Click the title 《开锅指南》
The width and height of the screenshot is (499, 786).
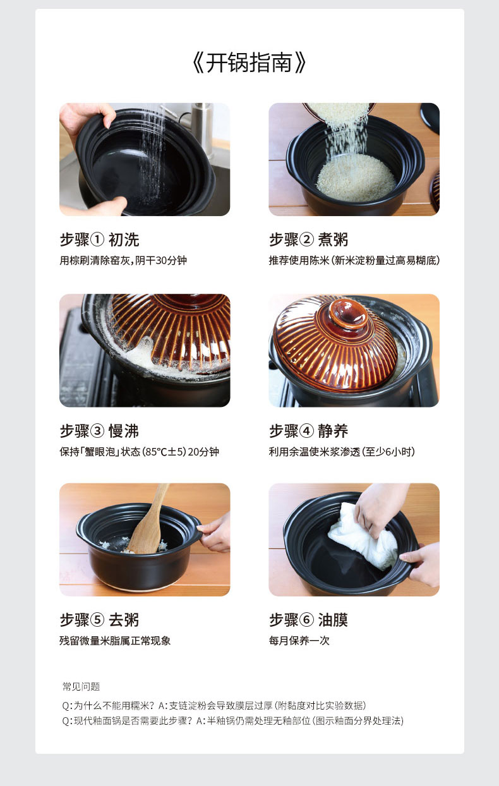point(249,63)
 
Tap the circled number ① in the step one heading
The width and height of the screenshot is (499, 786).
point(97,240)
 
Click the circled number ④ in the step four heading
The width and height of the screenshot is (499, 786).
point(306,431)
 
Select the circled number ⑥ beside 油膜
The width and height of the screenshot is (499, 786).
point(306,620)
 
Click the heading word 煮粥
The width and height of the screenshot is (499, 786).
point(333,240)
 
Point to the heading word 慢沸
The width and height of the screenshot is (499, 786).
point(124,431)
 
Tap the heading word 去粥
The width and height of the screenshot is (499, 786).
point(124,620)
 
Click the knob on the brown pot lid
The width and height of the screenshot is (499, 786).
point(348,313)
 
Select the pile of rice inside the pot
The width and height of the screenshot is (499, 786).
point(356,178)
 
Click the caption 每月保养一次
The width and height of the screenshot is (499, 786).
point(299,641)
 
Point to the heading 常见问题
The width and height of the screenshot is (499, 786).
point(81,687)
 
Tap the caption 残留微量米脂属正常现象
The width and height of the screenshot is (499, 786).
point(115,641)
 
